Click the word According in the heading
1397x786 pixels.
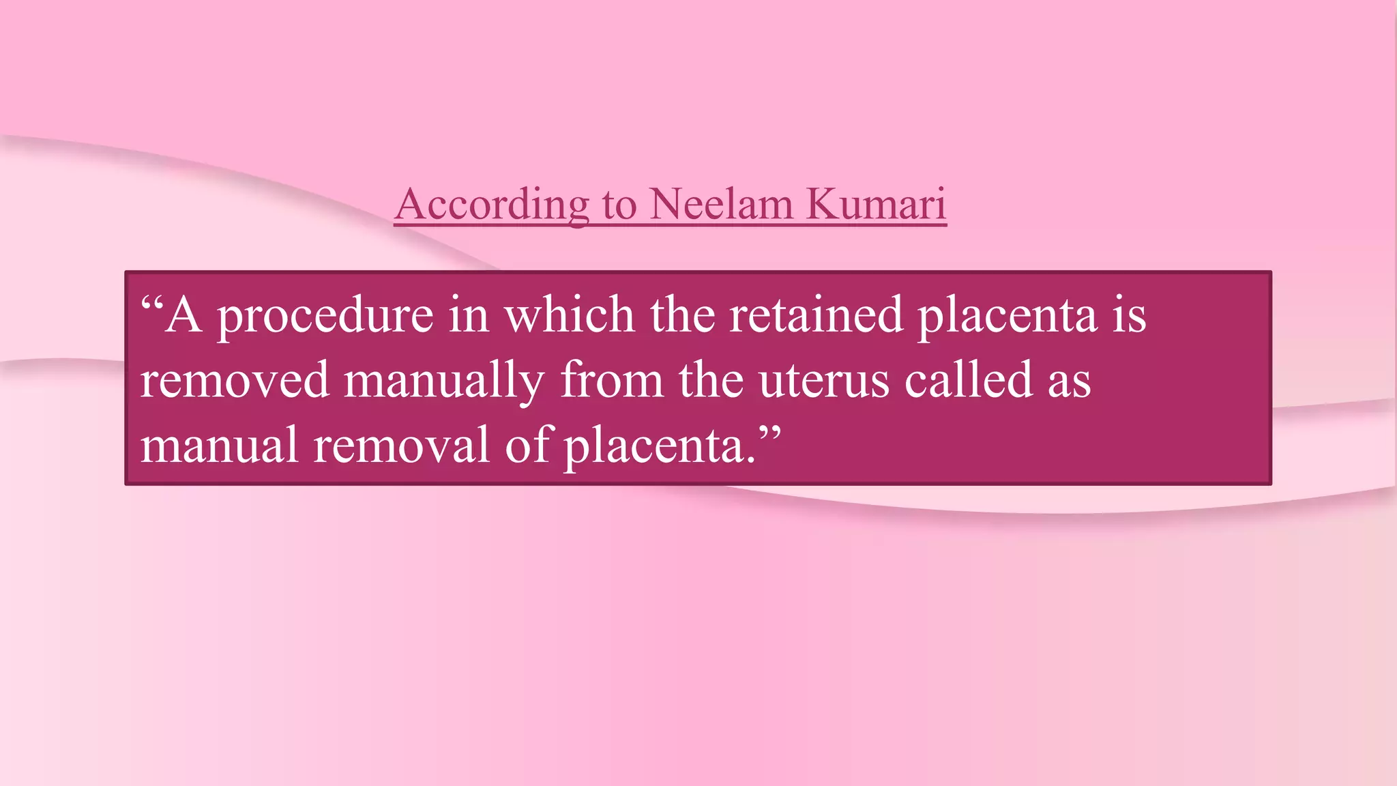click(492, 204)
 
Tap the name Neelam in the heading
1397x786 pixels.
click(720, 204)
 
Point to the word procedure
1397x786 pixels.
click(325, 315)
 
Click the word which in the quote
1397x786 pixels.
click(569, 315)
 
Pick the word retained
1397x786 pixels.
click(816, 315)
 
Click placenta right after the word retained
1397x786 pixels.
click(1007, 315)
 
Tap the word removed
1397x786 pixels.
click(235, 380)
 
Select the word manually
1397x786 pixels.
click(444, 380)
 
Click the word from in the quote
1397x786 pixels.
click(611, 380)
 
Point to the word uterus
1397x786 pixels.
click(824, 380)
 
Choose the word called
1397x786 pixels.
click(969, 380)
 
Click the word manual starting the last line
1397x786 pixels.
click(219, 445)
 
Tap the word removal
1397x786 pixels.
click(401, 445)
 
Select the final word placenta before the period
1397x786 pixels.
click(654, 445)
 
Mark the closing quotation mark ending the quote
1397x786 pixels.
click(769, 433)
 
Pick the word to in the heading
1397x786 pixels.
click(619, 204)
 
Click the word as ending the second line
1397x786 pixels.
click(1069, 380)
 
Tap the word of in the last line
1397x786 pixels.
click(527, 445)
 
